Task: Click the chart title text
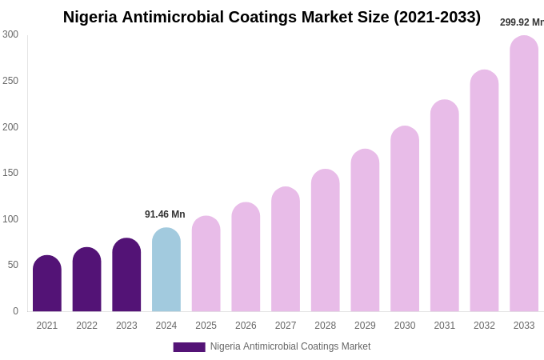[x=271, y=17]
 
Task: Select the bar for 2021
[x=47, y=284]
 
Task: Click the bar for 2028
[x=326, y=241]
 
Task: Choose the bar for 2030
[x=405, y=219]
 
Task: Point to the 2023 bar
[x=126, y=275]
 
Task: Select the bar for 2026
[x=246, y=258]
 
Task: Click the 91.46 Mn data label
[x=165, y=214]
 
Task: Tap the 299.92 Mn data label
[x=521, y=22]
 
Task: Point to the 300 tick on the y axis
[x=10, y=34]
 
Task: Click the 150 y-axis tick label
[x=10, y=173]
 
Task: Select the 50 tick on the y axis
[x=13, y=265]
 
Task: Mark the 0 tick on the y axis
[x=15, y=311]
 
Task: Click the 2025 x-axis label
[x=206, y=326]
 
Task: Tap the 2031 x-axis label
[x=445, y=326]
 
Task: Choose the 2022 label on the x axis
[x=87, y=326]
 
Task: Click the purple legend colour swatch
[x=189, y=347]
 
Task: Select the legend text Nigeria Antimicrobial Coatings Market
[x=290, y=346]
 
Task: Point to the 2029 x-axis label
[x=365, y=326]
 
